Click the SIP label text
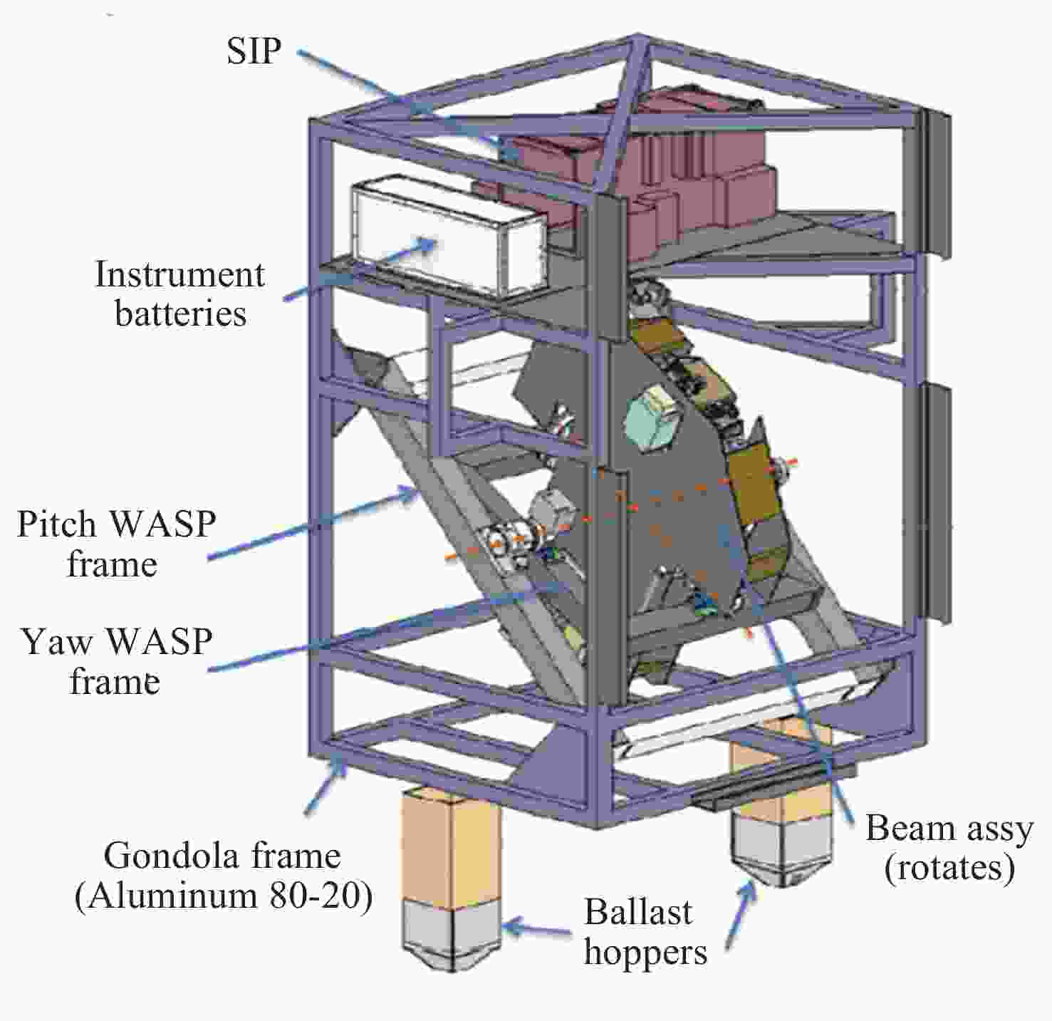254,51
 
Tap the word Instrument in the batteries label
179,275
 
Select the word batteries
181,313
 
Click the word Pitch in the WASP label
56,524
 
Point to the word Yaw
57,641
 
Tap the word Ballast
638,912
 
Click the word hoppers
645,952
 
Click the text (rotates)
949,868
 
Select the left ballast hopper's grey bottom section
452,930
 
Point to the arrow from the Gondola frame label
325,787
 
